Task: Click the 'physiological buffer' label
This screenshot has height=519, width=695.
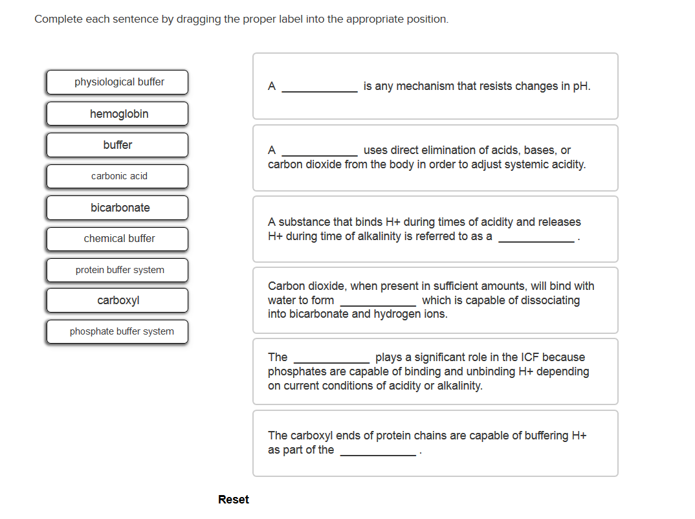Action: click(x=117, y=82)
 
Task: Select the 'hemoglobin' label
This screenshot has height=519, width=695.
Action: click(x=117, y=114)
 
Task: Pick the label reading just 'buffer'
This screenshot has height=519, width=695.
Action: click(x=117, y=145)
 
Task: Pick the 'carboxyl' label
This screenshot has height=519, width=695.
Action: click(x=117, y=300)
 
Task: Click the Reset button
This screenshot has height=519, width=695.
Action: click(x=233, y=499)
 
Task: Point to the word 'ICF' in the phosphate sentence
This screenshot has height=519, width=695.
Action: click(x=552, y=357)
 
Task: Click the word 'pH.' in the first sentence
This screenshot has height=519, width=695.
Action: click(x=582, y=86)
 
